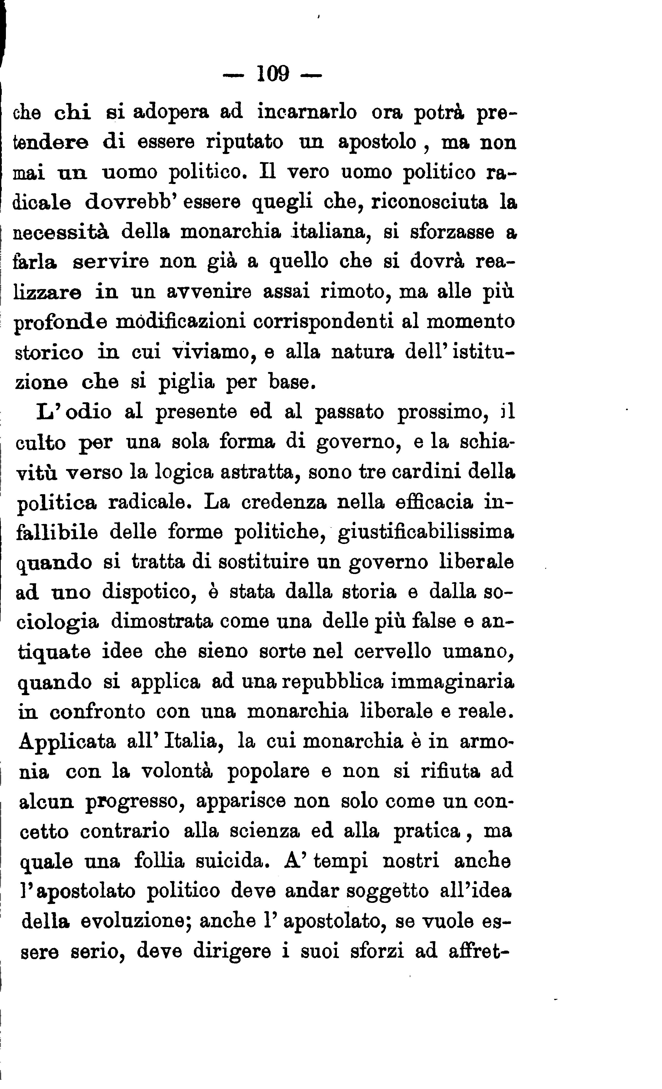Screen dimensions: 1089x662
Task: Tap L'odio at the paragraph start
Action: (74, 412)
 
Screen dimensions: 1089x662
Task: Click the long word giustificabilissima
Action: (426, 533)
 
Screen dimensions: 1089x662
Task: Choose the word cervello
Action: (392, 652)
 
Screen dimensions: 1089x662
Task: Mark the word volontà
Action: (177, 772)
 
